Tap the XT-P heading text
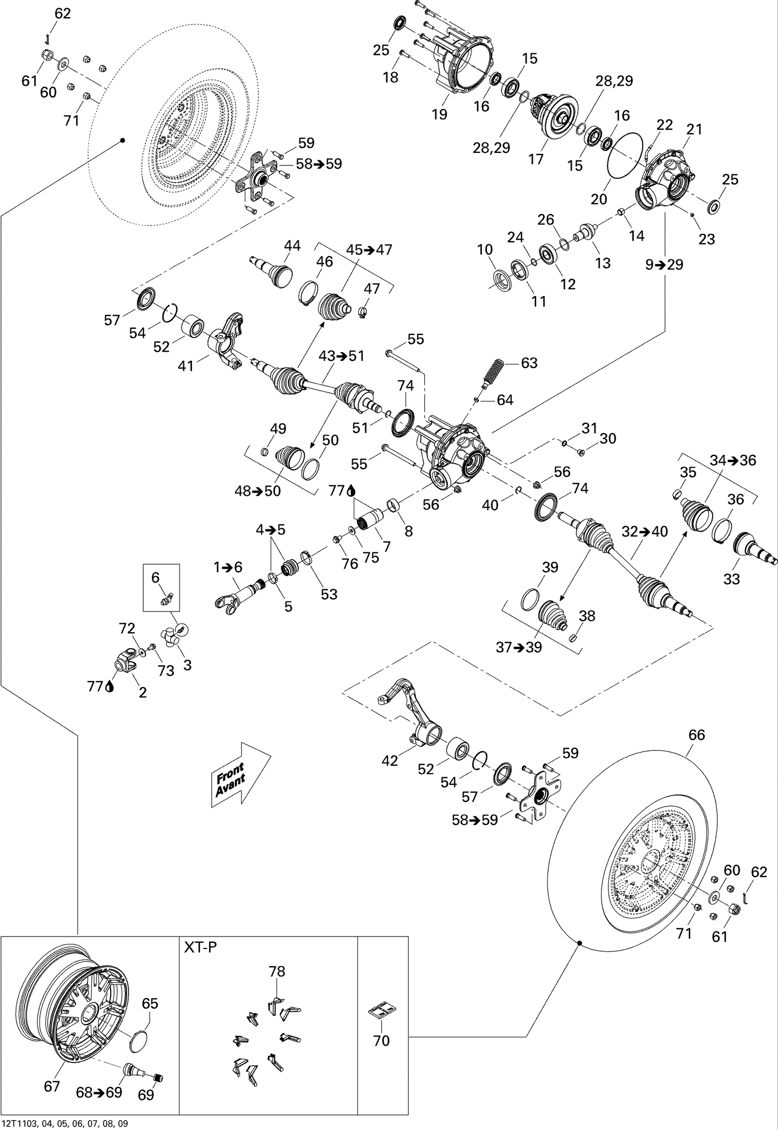pos(201,947)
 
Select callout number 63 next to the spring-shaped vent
pos(529,362)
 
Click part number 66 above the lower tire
pos(697,734)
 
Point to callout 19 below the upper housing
pos(439,114)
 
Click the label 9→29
pos(664,264)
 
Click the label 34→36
pos(733,460)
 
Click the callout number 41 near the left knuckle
pos(185,366)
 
